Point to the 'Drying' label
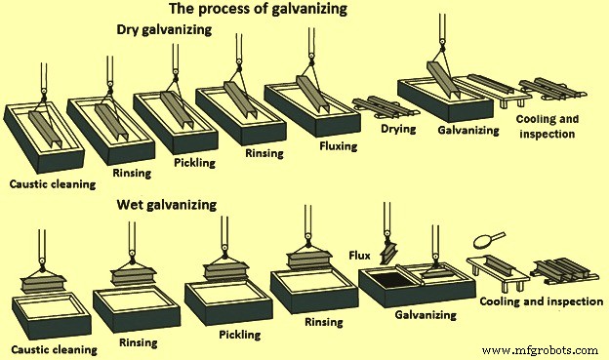(x=399, y=128)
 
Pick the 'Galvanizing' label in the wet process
(x=426, y=315)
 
